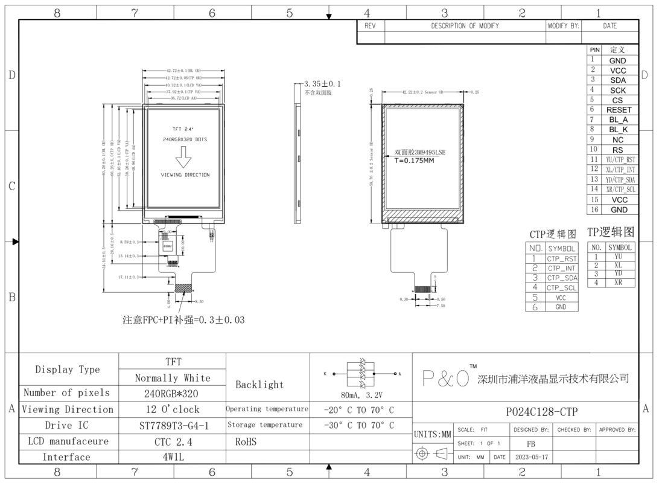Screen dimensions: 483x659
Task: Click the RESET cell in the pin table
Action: coord(619,110)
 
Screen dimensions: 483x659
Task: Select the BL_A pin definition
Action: coord(619,120)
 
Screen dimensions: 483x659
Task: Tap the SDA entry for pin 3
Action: coord(618,80)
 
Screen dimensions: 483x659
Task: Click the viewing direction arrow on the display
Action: coord(183,158)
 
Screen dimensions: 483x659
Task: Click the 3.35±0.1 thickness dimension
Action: coord(322,84)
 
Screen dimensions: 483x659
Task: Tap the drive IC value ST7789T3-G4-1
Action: coord(173,425)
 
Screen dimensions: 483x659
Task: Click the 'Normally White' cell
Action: coord(173,378)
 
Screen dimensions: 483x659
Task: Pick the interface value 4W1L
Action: coord(173,457)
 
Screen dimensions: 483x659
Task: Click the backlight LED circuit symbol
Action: coord(363,374)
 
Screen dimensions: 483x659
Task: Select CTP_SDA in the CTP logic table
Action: coord(561,278)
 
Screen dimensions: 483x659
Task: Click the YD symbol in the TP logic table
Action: coord(618,273)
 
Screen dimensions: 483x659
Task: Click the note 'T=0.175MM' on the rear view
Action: coord(415,161)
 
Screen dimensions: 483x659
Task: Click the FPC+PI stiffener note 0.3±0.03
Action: coord(183,320)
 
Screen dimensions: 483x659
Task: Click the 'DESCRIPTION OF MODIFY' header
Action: coord(465,26)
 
